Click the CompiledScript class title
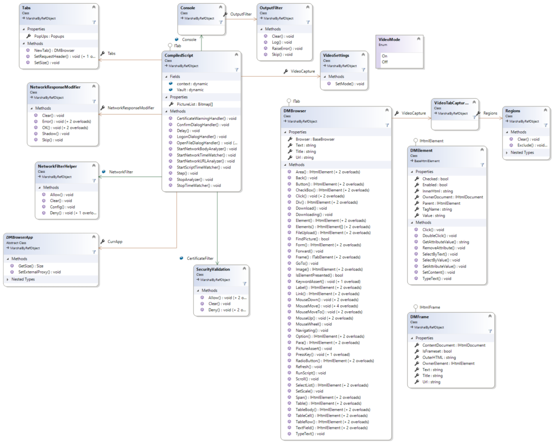[180, 55]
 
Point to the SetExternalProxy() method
[39, 272]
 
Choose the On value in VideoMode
[385, 56]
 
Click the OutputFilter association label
[240, 14]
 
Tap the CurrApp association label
[116, 241]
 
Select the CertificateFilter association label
[200, 258]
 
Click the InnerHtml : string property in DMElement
[437, 191]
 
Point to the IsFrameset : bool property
[437, 351]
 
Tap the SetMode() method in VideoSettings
[349, 84]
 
